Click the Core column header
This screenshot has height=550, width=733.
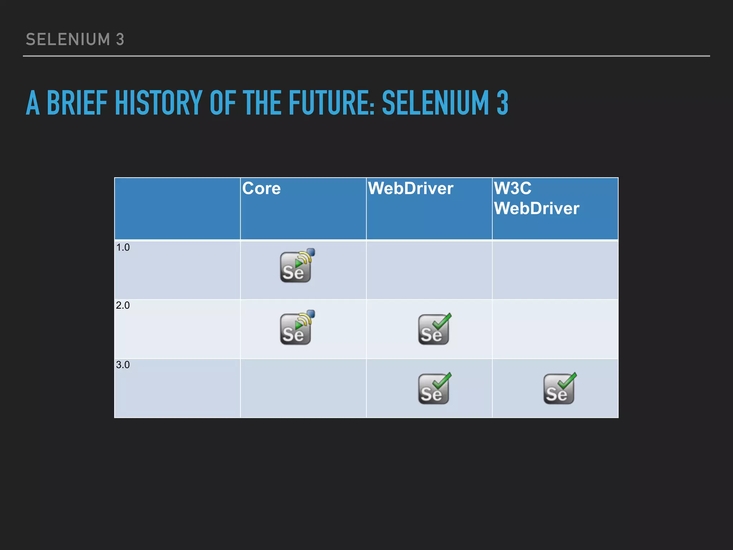point(262,188)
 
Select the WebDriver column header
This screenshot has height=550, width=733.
point(411,188)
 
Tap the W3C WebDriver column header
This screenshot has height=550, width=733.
point(536,198)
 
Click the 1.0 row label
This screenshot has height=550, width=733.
point(123,247)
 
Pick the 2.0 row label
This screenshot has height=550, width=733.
point(123,305)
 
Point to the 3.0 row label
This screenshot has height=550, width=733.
point(123,365)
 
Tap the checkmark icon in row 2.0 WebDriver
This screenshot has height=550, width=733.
point(434,329)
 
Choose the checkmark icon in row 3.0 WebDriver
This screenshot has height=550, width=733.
point(434,389)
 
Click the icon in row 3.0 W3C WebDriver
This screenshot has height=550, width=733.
point(559,389)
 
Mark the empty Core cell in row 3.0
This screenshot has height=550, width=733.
point(303,389)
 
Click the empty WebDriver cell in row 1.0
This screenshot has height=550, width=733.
point(429,270)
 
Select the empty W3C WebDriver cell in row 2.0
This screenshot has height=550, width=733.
point(555,329)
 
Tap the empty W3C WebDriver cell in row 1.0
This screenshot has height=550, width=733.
point(555,270)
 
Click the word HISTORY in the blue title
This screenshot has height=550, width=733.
point(159,103)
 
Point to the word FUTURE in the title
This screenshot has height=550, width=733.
point(331,103)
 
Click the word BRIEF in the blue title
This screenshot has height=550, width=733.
point(77,103)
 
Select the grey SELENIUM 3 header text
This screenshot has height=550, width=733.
point(75,39)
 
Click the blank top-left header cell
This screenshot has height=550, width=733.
point(177,208)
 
